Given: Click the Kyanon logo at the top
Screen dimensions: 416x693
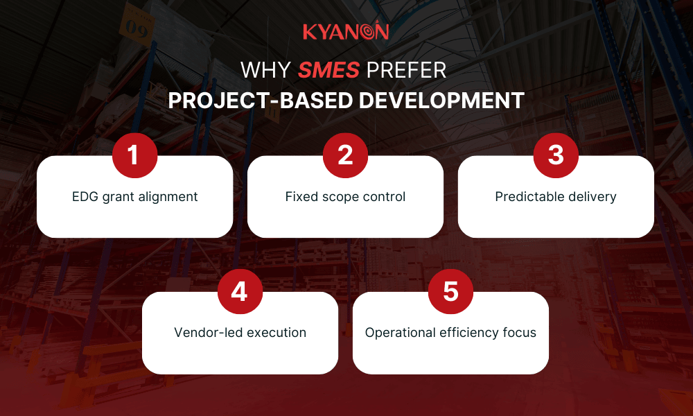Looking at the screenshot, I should (346, 32).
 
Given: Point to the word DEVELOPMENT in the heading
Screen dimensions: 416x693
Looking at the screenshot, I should (441, 100).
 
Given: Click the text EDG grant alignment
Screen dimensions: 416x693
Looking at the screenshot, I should (135, 197).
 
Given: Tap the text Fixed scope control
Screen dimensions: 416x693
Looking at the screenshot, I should (345, 197).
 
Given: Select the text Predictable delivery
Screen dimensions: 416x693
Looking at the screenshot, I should (556, 197).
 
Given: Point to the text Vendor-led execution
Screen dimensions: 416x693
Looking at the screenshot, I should (240, 333).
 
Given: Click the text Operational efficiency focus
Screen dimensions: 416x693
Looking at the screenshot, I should (450, 333).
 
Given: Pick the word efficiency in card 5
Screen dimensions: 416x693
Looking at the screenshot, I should (471, 333).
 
